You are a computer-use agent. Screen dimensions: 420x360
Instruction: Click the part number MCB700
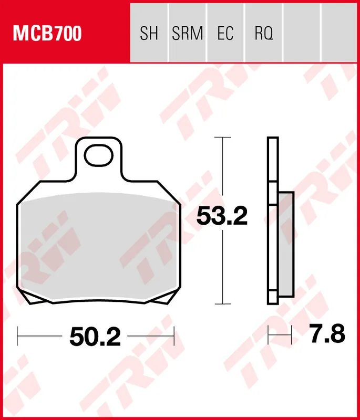click(x=47, y=34)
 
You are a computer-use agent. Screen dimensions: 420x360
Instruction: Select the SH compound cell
click(x=149, y=34)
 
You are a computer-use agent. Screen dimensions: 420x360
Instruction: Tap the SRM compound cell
click(x=187, y=34)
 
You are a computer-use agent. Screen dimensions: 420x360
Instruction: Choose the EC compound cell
click(x=225, y=34)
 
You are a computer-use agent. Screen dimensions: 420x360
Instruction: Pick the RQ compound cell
click(x=264, y=34)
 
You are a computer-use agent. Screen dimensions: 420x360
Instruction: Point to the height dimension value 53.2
click(x=222, y=216)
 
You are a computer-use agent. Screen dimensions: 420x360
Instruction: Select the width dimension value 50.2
click(x=95, y=336)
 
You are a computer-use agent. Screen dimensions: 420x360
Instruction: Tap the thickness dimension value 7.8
click(x=327, y=334)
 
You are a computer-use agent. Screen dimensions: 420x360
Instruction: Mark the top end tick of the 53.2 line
click(x=223, y=138)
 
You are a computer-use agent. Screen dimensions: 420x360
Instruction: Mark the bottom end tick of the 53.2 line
click(x=223, y=303)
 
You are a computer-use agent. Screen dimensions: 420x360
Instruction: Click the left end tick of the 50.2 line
click(x=17, y=334)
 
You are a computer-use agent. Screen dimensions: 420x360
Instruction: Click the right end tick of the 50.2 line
click(x=174, y=334)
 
